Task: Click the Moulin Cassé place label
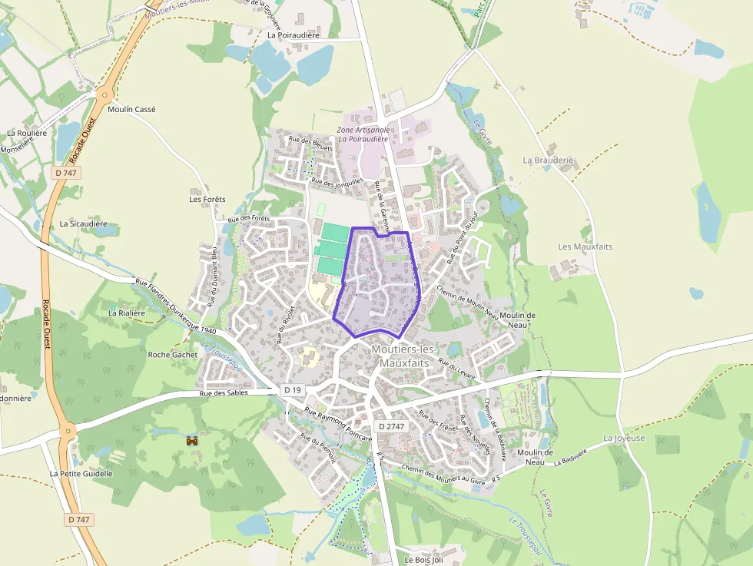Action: coord(132,110)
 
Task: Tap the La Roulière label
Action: coord(27,133)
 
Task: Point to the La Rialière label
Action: coord(127,313)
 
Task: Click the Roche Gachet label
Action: coord(172,355)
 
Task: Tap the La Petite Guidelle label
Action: coord(81,474)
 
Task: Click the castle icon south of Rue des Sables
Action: coord(191,441)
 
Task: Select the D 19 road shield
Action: coord(292,390)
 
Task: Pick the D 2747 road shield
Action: coord(391,426)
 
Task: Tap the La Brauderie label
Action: coord(549,161)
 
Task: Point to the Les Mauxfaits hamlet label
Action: coord(585,247)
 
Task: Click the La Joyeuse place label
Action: coord(624,439)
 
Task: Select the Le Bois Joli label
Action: coord(424,560)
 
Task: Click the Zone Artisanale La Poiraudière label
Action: coord(364,134)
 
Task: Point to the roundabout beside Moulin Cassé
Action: coord(103,95)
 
